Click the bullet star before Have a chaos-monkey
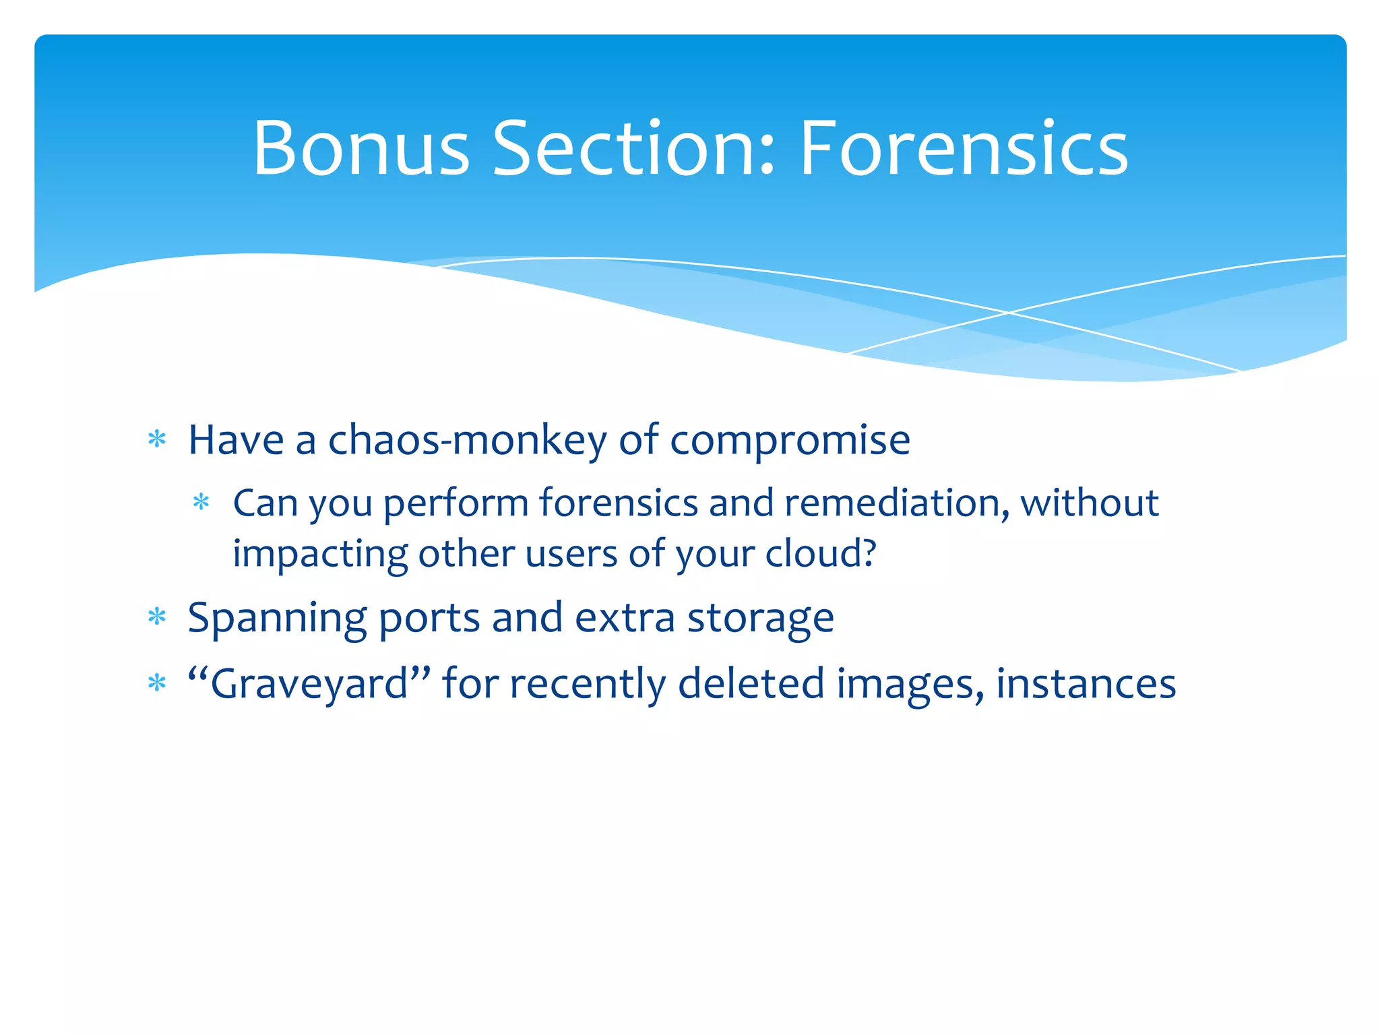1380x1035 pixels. pos(157,440)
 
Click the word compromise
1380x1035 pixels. pos(790,441)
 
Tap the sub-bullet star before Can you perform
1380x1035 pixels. pos(201,503)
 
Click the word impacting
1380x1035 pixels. pos(320,555)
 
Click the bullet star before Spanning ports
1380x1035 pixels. pos(157,617)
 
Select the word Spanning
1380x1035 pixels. pos(277,619)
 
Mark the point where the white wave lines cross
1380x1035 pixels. pos(1009,313)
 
